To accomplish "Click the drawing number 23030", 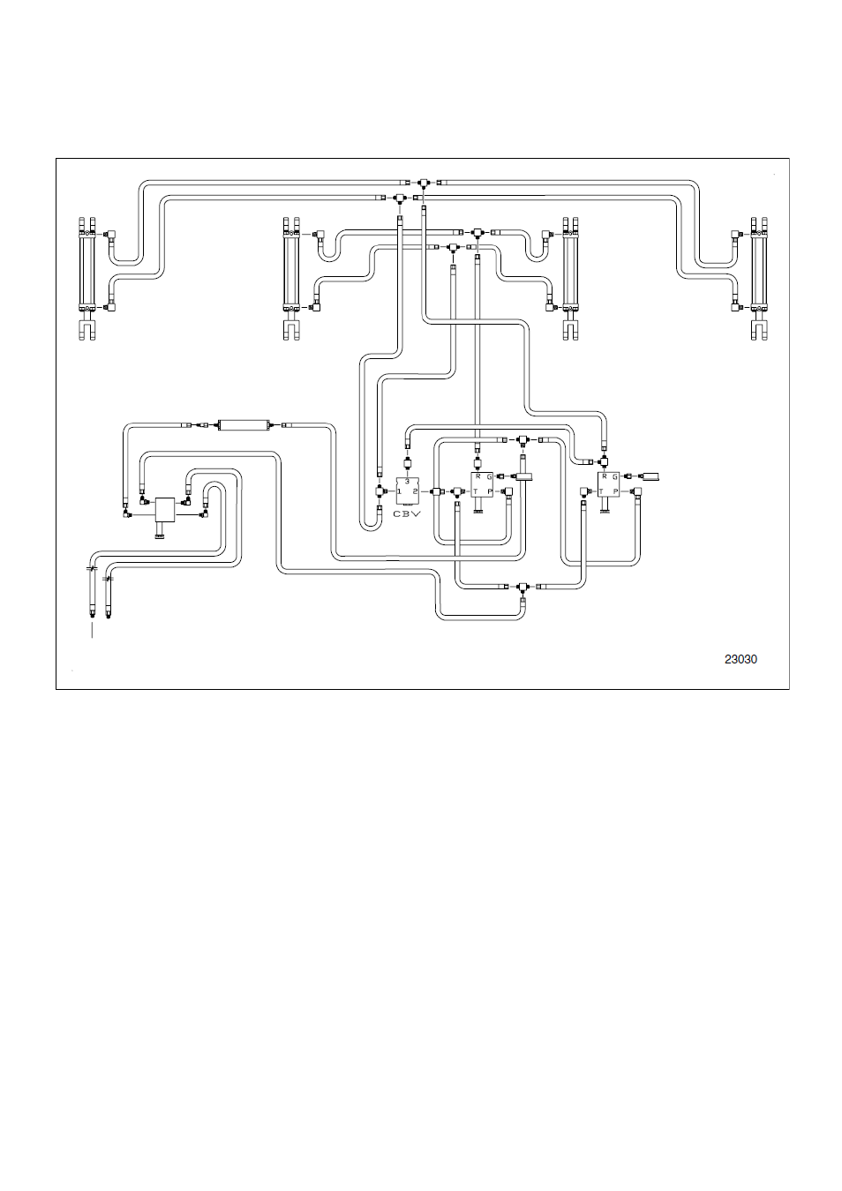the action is pos(741,659).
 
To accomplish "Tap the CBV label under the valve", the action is pos(407,513).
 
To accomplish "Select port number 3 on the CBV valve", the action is pos(408,481).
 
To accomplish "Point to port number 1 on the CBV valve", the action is pos(400,491).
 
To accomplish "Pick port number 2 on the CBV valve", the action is pos(415,491).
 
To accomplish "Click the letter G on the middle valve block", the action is pos(489,477).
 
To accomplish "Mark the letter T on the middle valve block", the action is pos(476,491).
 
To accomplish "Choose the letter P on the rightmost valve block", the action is pos(615,491).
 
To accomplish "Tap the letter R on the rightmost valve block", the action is pos(605,476).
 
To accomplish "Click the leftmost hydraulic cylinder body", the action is pos(87,271).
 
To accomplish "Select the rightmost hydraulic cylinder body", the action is pos(759,271).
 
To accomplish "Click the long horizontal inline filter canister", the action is pos(244,425).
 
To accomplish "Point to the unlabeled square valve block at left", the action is pos(165,510).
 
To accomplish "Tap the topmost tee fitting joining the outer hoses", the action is pos(423,183).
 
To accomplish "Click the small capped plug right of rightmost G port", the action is pos(651,476).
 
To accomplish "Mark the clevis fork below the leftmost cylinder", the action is pos(87,331).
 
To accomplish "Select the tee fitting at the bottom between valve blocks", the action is pos(522,587).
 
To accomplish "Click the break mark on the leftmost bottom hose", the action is pos(92,568).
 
